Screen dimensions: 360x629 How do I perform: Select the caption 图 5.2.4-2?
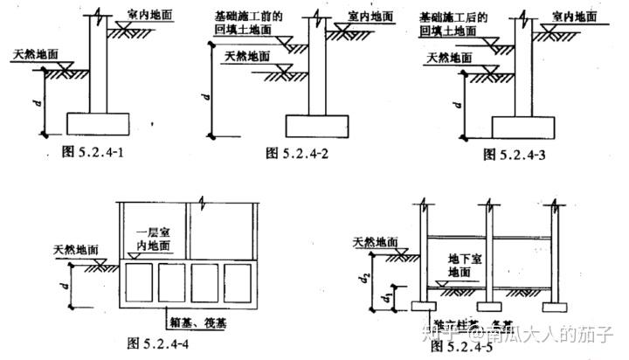pyautogui.click(x=301, y=154)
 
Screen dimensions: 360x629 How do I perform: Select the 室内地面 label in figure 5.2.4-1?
pyautogui.click(x=149, y=16)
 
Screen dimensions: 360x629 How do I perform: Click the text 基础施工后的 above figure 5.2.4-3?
pyautogui.click(x=453, y=17)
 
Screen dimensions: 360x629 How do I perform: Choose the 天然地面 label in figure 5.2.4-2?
pyautogui.click(x=247, y=58)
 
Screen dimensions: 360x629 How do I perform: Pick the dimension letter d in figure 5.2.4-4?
pyautogui.click(x=66, y=285)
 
